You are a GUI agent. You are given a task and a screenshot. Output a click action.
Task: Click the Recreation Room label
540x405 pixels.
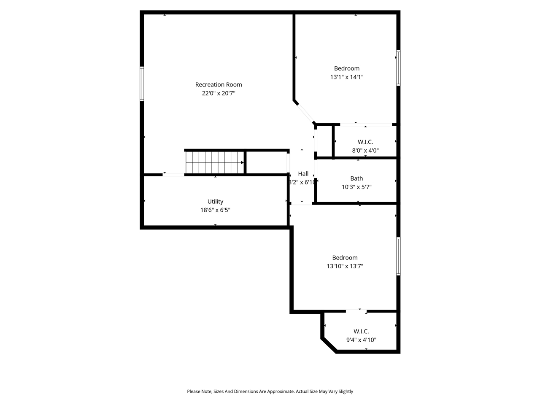click(218, 85)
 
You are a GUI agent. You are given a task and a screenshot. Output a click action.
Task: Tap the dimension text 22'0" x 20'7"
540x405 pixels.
click(218, 93)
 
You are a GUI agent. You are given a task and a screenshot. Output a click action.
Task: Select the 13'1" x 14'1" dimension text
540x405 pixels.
click(347, 77)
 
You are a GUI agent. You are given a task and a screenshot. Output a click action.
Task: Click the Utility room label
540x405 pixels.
click(215, 202)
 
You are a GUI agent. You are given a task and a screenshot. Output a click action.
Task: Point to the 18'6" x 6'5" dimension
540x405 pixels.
click(215, 210)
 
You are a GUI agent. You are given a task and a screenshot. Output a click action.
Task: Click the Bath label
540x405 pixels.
click(356, 178)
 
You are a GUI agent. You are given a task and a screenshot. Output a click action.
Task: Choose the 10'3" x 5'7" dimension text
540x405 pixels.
click(356, 187)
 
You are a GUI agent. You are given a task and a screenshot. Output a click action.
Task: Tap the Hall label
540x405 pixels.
click(303, 174)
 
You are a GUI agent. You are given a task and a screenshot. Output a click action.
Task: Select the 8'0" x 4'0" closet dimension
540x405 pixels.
click(365, 150)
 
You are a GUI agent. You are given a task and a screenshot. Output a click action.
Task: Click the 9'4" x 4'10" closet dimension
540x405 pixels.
click(361, 340)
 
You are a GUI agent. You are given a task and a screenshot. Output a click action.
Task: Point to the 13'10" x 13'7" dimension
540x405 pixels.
click(345, 266)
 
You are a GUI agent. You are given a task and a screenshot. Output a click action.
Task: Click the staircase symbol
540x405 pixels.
click(214, 162)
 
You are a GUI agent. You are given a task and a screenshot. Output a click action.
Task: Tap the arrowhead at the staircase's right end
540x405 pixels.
click(242, 162)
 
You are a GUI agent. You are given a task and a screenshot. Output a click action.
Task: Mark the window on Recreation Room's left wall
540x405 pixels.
click(142, 84)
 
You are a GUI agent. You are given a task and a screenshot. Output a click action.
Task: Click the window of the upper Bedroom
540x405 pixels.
click(398, 68)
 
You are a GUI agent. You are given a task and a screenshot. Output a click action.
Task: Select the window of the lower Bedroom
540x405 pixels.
click(398, 256)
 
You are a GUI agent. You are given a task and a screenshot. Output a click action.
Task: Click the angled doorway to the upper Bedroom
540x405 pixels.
click(304, 112)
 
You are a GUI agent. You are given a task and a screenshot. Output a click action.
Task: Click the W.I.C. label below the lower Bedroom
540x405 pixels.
click(361, 332)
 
